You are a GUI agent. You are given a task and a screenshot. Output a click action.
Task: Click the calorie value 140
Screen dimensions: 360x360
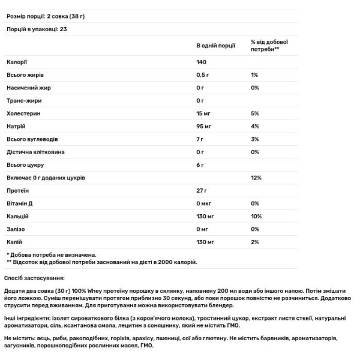click(x=202, y=62)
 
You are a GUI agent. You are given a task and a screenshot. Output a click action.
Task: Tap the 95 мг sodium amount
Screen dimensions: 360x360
click(x=205, y=126)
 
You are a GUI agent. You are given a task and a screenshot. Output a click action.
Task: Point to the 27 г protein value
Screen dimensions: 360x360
click(x=202, y=190)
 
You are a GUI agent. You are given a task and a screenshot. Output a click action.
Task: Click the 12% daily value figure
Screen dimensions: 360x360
click(x=255, y=178)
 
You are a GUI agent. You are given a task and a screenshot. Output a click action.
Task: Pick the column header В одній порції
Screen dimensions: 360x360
click(x=216, y=46)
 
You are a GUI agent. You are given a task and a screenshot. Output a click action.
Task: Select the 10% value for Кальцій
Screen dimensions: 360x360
click(x=255, y=216)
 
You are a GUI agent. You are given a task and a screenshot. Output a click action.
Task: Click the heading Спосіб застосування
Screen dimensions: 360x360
click(x=36, y=278)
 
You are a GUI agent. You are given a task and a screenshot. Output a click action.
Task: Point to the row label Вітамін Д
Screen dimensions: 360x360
click(x=20, y=203)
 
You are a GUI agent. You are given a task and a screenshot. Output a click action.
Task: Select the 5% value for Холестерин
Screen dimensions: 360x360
click(x=254, y=113)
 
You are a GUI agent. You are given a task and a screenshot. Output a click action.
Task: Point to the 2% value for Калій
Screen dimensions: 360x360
click(x=254, y=242)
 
